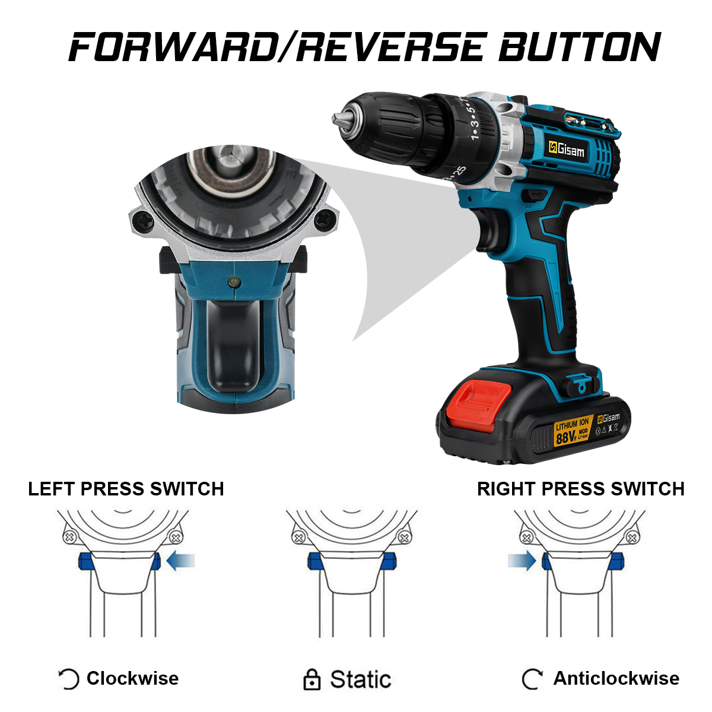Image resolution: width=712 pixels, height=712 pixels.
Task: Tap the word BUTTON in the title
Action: click(579, 46)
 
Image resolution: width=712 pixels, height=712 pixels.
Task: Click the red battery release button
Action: click(479, 406)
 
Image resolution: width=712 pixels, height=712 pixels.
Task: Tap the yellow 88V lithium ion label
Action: click(573, 430)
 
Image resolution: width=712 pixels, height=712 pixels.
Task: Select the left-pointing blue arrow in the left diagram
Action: click(180, 561)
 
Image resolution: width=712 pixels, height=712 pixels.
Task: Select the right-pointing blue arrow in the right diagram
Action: click(522, 561)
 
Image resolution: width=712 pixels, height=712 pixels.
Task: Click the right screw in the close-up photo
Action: click(325, 221)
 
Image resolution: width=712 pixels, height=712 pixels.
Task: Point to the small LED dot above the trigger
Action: click(234, 282)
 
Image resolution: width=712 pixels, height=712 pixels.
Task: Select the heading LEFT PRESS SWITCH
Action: click(126, 489)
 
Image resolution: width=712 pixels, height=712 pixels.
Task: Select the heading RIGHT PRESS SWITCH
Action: click(581, 489)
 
